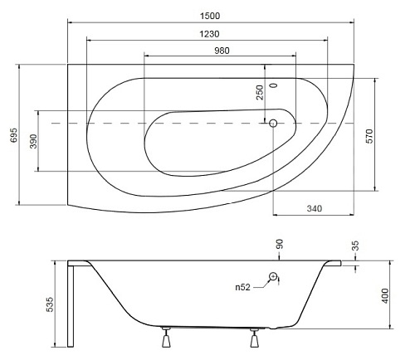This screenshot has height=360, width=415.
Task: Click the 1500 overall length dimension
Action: [210, 16]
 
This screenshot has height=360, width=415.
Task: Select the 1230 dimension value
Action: [209, 34]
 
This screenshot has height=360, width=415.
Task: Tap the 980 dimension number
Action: [222, 51]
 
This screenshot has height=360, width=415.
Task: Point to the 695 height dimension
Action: [14, 135]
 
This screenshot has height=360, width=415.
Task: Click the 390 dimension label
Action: [33, 141]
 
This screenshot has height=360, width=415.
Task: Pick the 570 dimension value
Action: [369, 136]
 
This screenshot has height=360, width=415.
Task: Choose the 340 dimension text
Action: [315, 208]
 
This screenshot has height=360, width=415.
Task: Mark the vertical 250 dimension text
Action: [260, 92]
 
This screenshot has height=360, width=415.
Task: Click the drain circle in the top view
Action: [273, 123]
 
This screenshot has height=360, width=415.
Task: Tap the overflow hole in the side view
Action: [273, 276]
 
